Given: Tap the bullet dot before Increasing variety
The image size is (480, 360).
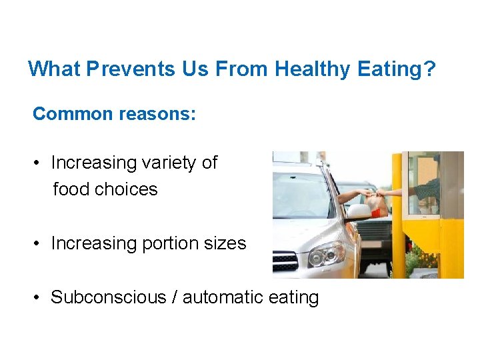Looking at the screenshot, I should coord(40,163).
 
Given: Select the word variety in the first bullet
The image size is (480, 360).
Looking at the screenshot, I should coord(169,163).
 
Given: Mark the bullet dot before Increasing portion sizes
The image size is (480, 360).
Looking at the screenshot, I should coord(40,244).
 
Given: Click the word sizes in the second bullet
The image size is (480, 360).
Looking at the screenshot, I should coord(225,244).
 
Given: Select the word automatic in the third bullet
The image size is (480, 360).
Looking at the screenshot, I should coord(223,297).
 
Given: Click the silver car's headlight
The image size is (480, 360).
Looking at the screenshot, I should coord(326,254).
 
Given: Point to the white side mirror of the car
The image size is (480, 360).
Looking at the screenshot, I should coord(359,212).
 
